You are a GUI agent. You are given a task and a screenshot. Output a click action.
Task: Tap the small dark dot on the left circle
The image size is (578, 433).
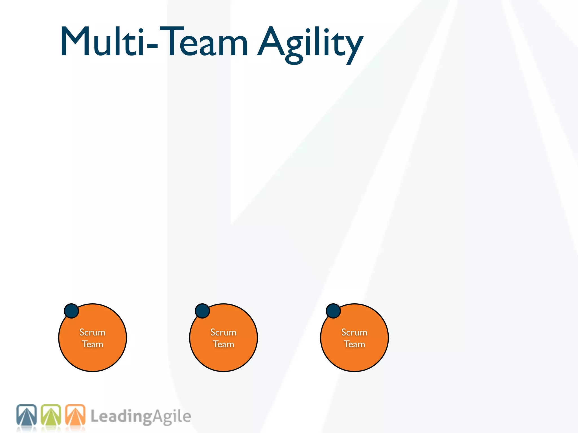click(71, 311)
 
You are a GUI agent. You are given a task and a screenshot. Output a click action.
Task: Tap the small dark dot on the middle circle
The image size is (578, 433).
click(202, 311)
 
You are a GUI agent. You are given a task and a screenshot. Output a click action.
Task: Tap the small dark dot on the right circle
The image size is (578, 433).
click(333, 311)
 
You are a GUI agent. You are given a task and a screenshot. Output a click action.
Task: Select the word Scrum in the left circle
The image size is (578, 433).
click(92, 332)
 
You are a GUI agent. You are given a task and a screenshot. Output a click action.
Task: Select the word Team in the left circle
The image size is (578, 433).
click(92, 344)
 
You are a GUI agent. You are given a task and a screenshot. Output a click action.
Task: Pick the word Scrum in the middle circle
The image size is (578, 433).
click(223, 332)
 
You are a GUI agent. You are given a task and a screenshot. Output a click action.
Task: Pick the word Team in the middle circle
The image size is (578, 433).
click(223, 344)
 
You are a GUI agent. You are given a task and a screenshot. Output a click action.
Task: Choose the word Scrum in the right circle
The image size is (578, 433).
click(354, 332)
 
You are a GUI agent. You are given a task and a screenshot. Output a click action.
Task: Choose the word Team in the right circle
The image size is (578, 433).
click(354, 344)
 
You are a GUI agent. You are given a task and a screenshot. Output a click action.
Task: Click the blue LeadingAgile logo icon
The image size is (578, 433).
click(27, 415)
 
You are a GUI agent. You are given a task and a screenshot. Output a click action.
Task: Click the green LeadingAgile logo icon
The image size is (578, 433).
click(51, 415)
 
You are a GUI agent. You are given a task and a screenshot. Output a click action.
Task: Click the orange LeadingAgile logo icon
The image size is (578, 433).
click(75, 415)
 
